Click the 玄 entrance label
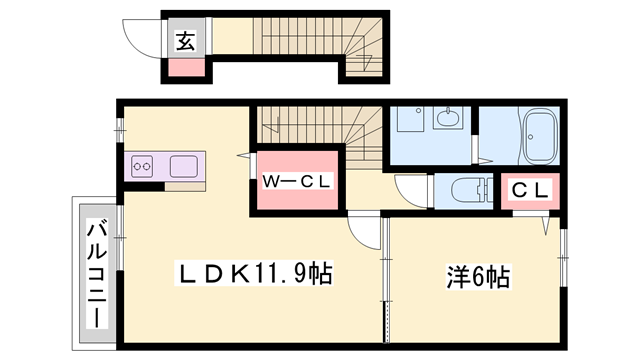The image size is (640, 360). click(186, 41)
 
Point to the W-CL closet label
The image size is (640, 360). click(297, 181)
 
